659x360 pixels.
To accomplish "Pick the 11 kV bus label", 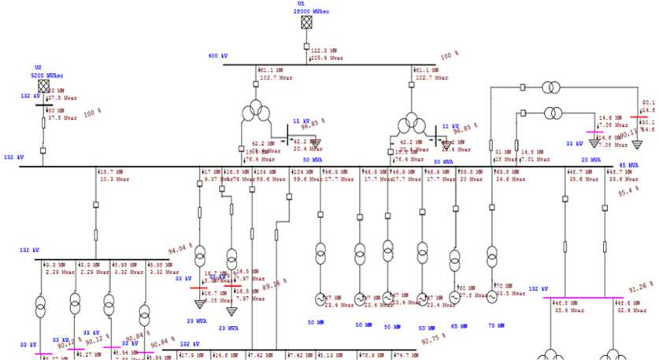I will coord(450,125).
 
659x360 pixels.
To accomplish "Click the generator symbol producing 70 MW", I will coord(492,297).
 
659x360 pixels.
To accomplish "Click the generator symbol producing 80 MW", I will coord(455,298).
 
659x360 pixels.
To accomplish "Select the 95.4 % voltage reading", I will coord(627,191).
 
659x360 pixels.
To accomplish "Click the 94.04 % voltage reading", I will coord(180,251).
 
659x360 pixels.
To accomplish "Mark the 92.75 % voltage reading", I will coord(433,339).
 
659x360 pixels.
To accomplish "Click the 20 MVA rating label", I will coord(581,161).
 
